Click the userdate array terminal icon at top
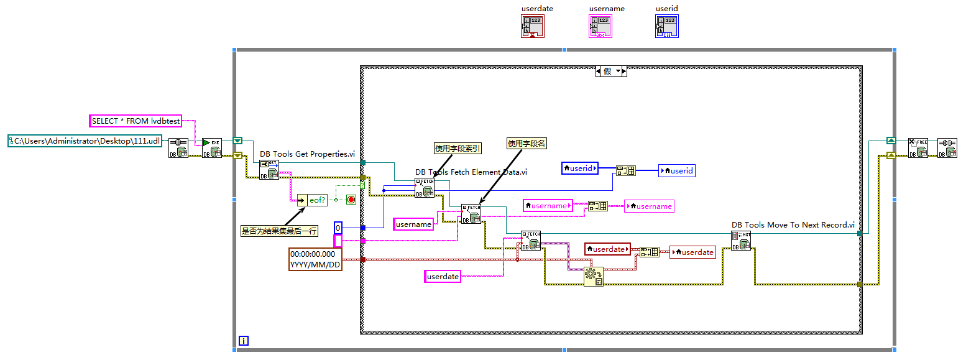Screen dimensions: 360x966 pos(533,26)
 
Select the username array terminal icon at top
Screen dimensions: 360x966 pos(600,26)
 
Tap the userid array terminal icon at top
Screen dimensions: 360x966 pos(666,26)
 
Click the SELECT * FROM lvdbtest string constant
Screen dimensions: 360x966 pos(136,121)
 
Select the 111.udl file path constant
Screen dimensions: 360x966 pos(86,141)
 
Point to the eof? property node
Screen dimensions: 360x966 pos(311,200)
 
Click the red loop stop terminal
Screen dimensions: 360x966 pos(351,200)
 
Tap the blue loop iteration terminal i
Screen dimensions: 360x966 pos(244,340)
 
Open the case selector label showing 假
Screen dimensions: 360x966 pos(611,72)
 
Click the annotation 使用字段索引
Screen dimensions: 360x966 pos(458,148)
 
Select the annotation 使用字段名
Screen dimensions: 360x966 pos(526,144)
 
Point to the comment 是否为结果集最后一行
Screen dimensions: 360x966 pos(279,231)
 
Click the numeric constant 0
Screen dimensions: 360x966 pos(338,228)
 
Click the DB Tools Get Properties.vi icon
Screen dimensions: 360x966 pos(269,170)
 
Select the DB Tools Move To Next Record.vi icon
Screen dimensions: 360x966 pos(741,241)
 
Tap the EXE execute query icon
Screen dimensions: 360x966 pos(212,148)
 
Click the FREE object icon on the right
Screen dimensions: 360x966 pos(918,148)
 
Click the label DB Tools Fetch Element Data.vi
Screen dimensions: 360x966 pos(471,172)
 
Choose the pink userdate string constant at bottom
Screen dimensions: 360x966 pos(443,277)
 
